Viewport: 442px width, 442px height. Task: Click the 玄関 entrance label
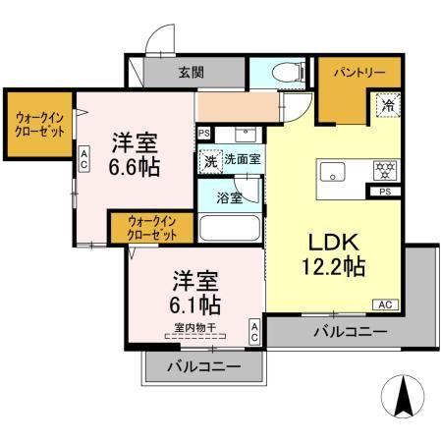pyautogui.click(x=192, y=71)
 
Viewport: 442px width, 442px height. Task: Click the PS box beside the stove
pyautogui.click(x=383, y=193)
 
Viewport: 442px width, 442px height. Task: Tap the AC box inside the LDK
pyautogui.click(x=385, y=305)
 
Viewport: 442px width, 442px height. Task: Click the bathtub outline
pyautogui.click(x=229, y=230)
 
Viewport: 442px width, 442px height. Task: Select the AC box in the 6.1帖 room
pyautogui.click(x=254, y=331)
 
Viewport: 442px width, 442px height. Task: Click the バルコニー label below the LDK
pyautogui.click(x=350, y=332)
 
